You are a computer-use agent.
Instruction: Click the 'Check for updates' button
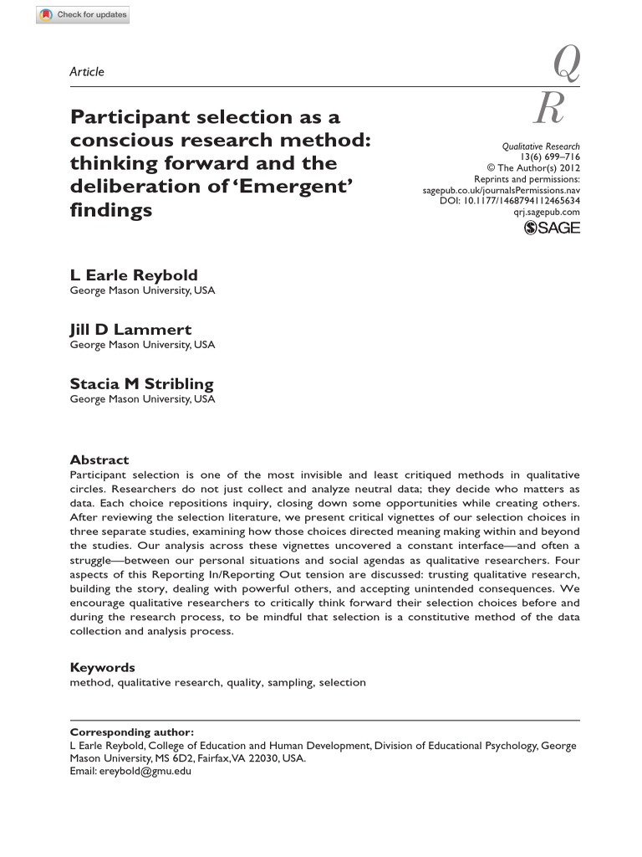83,16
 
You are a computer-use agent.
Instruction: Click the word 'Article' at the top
87,72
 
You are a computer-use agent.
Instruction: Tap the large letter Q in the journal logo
565,64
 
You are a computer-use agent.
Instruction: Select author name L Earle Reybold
134,275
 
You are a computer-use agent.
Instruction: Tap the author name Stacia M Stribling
141,384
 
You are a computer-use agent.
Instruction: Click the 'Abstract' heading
99,459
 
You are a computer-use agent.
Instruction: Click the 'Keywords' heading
102,667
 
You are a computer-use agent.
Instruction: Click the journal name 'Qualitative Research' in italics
541,146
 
